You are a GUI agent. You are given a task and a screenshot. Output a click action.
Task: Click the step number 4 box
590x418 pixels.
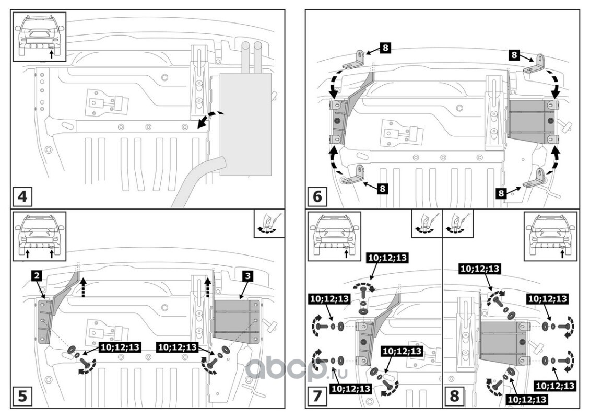pos(22,197)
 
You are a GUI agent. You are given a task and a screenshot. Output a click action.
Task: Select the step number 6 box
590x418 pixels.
pos(317,197)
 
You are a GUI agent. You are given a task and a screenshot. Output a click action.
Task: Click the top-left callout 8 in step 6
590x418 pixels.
pos(385,48)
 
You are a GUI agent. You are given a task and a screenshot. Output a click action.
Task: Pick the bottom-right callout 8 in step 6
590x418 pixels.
pos(501,193)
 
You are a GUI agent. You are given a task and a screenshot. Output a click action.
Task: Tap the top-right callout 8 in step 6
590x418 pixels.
pos(514,54)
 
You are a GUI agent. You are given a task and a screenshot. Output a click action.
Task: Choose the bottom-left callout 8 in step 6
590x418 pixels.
pos(383,189)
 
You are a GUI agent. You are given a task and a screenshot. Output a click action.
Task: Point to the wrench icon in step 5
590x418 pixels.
pos(269,225)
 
